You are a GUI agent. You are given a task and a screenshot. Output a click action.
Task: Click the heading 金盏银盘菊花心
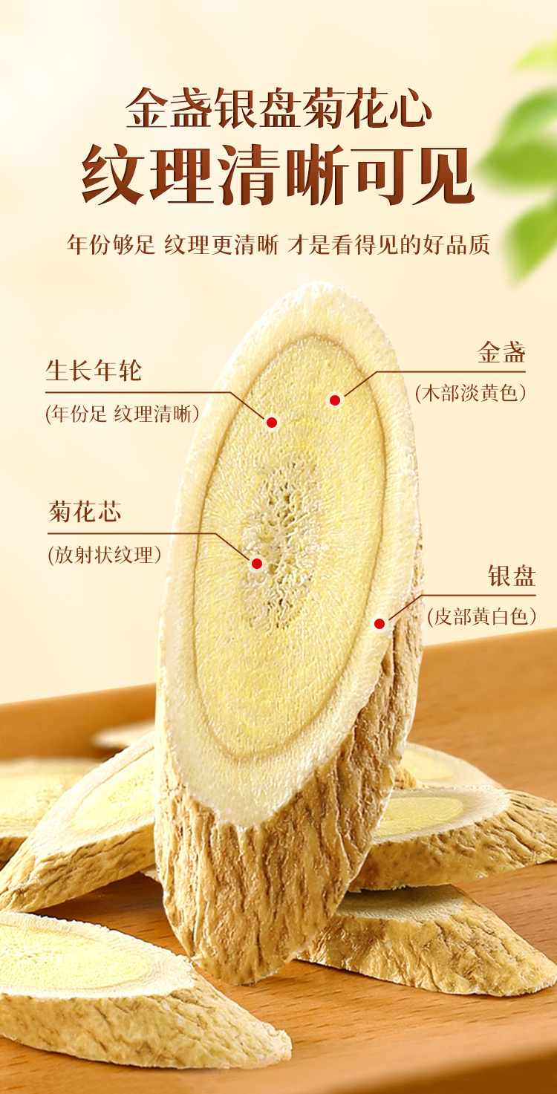(x=278, y=109)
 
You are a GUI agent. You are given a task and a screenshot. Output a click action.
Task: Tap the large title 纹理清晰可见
(x=278, y=176)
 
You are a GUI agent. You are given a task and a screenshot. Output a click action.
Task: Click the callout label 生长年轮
(x=94, y=370)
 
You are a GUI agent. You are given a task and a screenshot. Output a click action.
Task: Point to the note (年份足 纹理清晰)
(x=123, y=414)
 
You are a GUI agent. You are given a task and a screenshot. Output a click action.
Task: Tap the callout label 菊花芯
(x=85, y=512)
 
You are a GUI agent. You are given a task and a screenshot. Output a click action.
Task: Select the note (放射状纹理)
(x=105, y=555)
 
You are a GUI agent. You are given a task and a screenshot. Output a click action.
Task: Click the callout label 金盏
(x=501, y=353)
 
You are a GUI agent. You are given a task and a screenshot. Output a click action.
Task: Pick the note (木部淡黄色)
(x=471, y=393)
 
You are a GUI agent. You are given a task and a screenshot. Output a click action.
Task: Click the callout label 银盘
(x=512, y=576)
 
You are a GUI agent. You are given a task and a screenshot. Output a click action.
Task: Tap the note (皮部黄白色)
(x=481, y=616)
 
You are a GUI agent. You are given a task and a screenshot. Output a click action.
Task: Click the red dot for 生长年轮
(x=272, y=423)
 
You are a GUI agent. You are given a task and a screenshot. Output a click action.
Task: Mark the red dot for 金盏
(x=335, y=400)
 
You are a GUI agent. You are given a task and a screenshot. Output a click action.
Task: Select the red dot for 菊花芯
(x=257, y=564)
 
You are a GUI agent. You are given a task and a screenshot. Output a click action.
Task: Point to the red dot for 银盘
(x=380, y=624)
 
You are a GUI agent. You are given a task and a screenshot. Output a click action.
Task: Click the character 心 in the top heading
(x=411, y=109)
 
